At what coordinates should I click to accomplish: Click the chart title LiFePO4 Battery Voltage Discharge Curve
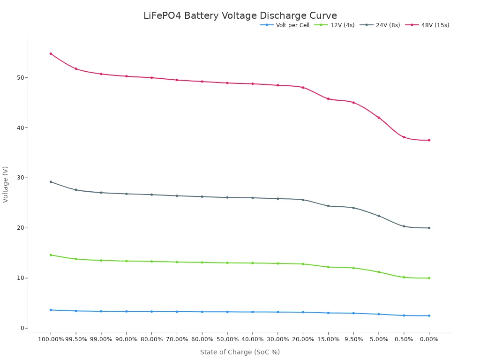(x=240, y=16)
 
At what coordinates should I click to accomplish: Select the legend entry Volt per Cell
(x=292, y=25)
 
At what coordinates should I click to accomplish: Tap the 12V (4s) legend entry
(x=342, y=25)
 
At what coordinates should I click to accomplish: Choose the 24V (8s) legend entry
(x=388, y=25)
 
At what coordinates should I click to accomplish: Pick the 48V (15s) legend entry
(x=435, y=25)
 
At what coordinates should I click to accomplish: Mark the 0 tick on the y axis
(x=22, y=328)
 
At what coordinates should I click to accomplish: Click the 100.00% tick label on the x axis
(x=51, y=339)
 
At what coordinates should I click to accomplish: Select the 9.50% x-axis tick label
(x=353, y=339)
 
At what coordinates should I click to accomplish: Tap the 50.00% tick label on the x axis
(x=227, y=339)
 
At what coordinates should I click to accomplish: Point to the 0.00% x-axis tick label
(x=429, y=339)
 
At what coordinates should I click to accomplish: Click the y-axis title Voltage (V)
(x=6, y=184)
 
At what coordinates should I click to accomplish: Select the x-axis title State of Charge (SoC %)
(x=240, y=352)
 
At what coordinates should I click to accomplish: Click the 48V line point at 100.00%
(x=51, y=53)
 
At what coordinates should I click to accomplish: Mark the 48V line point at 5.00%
(x=379, y=118)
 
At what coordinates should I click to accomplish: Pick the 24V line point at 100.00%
(x=51, y=182)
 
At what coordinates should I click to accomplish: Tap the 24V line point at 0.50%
(x=404, y=226)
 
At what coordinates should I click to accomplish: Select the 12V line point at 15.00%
(x=328, y=267)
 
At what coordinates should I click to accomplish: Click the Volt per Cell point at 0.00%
(x=429, y=315)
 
